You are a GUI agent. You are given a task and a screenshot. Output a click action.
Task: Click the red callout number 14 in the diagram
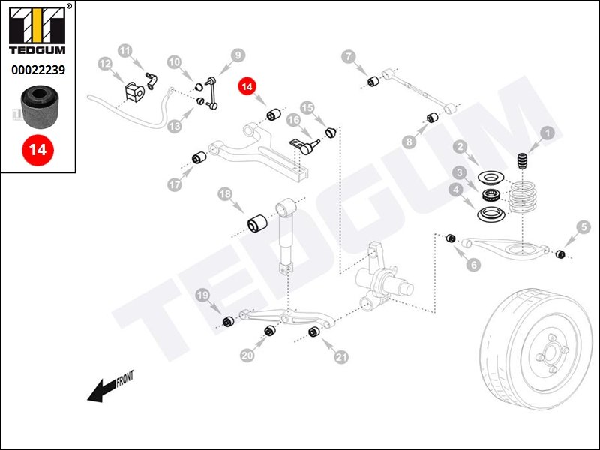point(247,86)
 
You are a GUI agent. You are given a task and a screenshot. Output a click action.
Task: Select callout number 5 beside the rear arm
point(583,226)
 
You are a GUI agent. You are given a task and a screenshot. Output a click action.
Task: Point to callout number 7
point(348,56)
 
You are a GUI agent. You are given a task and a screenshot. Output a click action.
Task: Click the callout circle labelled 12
point(105,65)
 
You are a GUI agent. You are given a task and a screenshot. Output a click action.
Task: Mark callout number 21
point(342,358)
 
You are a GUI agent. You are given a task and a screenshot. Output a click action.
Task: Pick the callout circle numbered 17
point(175,184)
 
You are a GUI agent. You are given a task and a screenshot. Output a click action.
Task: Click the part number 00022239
point(37,70)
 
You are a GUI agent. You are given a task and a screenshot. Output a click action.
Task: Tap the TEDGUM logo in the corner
point(37,31)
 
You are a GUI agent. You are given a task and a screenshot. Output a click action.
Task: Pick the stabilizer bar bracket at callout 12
point(134,90)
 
